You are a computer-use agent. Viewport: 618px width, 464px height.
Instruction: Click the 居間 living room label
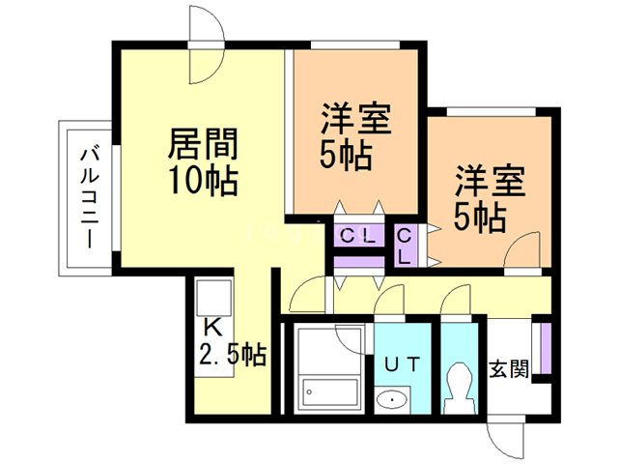pos(203,143)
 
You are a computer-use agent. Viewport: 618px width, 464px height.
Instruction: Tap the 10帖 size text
pos(203,181)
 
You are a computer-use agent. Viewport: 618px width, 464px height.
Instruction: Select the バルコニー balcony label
pos(90,197)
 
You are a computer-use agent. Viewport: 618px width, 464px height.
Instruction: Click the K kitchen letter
pos(212,327)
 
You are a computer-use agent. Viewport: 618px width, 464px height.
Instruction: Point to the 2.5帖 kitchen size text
pos(233,354)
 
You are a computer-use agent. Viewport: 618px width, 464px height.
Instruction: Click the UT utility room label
pos(402,364)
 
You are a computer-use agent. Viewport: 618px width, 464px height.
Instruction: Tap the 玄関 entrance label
pos(509,369)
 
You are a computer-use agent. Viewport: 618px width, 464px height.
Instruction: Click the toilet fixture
pos(460,388)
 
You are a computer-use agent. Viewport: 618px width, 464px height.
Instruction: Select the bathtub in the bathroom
pos(329,394)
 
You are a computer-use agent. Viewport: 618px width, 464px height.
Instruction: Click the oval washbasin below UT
pos(392,400)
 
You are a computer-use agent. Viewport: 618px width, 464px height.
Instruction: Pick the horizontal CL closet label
pos(358,236)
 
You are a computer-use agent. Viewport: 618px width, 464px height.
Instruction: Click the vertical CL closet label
pos(405,247)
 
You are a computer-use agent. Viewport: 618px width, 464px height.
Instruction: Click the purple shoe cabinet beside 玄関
pos(546,348)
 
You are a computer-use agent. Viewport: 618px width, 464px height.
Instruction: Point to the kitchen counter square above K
pos(213,298)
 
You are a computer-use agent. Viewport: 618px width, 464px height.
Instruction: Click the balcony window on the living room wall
pos(116,197)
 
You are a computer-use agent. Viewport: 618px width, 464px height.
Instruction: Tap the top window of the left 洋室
pos(355,45)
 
